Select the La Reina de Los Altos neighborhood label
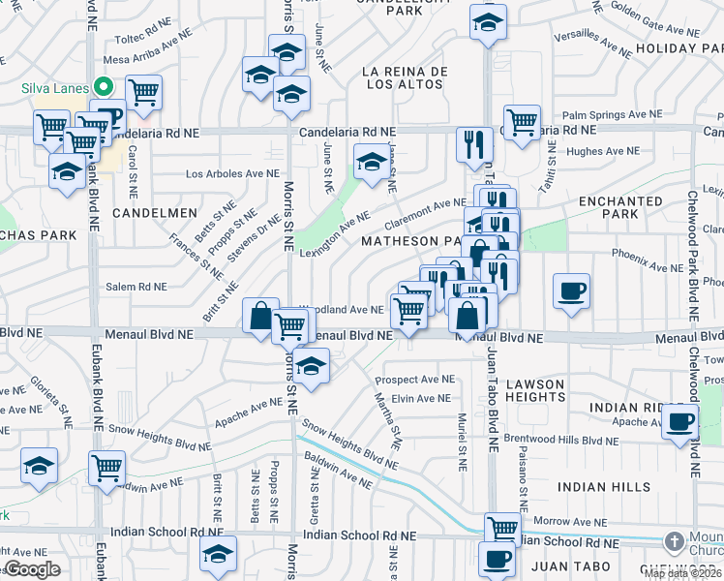tap(404, 78)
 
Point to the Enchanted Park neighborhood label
tap(620, 207)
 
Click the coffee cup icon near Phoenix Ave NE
tap(572, 290)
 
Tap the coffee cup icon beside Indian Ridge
tap(680, 422)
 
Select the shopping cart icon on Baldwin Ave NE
tap(106, 468)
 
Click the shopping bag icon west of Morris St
tap(260, 315)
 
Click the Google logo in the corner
tap(32, 569)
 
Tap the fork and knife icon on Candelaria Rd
tap(471, 144)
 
